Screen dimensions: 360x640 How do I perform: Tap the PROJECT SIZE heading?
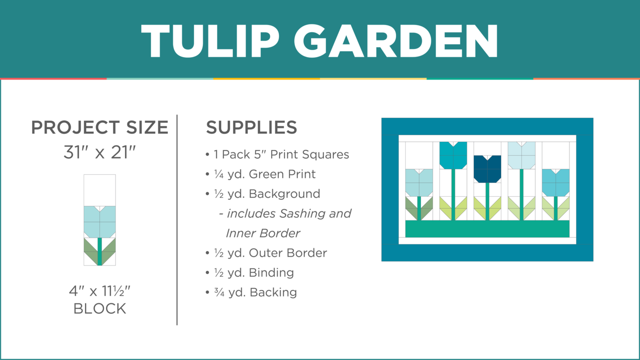click(x=100, y=127)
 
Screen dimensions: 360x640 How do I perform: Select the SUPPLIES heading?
click(x=251, y=127)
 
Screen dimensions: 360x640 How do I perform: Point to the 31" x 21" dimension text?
click(x=100, y=152)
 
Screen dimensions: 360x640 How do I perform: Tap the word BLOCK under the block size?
click(x=100, y=309)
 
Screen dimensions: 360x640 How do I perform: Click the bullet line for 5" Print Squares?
click(x=281, y=155)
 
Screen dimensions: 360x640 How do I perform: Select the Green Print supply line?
click(x=265, y=174)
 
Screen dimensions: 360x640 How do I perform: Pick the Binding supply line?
click(x=254, y=272)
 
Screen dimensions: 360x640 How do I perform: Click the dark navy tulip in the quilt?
click(x=487, y=169)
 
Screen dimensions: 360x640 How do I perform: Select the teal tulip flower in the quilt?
click(x=453, y=155)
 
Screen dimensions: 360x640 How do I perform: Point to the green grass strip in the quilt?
click(x=487, y=229)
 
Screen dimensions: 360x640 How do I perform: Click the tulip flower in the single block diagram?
click(x=100, y=221)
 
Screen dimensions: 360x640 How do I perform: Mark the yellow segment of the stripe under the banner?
click(x=267, y=78)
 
